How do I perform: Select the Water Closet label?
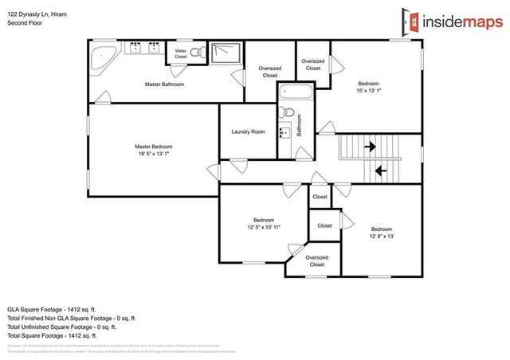point(181,54)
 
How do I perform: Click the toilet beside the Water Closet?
point(202,54)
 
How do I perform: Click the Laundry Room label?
point(247,131)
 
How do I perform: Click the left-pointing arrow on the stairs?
point(380,169)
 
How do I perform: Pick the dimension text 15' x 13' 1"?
point(368,90)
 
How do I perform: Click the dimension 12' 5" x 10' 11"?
point(264,227)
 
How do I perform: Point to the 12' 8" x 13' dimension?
point(381,236)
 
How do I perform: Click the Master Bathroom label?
point(164,84)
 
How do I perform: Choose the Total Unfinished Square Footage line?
point(61,326)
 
